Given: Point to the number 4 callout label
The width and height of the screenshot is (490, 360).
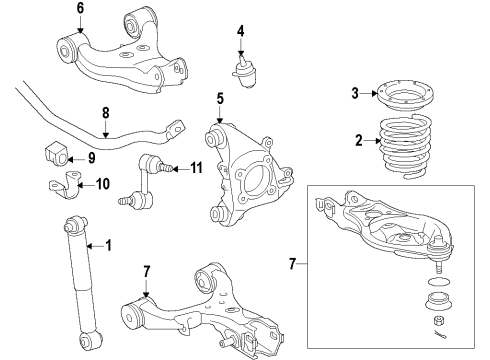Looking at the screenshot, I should [240, 30].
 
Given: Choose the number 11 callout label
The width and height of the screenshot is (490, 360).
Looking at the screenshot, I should [197, 167].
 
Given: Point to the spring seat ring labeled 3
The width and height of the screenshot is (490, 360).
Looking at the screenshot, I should [405, 100].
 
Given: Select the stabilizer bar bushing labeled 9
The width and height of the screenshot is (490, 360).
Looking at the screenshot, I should [57, 156].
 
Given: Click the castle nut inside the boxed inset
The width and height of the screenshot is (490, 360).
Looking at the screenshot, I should [439, 320].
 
